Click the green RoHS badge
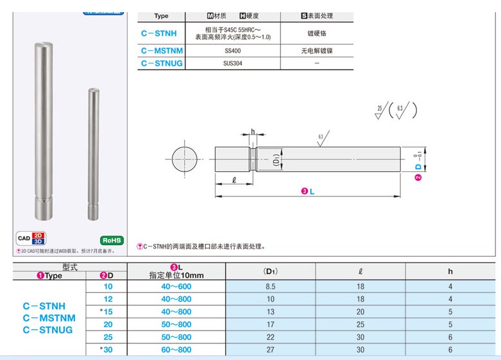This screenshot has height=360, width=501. point(112,239)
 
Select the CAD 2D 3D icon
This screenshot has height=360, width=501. point(31,238)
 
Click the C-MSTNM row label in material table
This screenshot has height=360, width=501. point(162,50)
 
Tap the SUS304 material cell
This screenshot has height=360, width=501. point(233,63)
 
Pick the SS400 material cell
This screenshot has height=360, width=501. point(233,50)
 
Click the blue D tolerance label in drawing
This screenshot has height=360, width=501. point(418,166)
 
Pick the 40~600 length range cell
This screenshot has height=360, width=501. point(176,286)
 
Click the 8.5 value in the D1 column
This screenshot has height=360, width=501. point(270,286)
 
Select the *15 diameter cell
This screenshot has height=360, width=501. point(106,312)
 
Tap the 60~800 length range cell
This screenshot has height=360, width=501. point(176,350)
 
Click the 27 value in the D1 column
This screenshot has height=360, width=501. point(270,350)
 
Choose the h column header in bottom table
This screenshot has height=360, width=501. point(450,272)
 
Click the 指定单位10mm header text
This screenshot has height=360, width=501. point(176,275)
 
